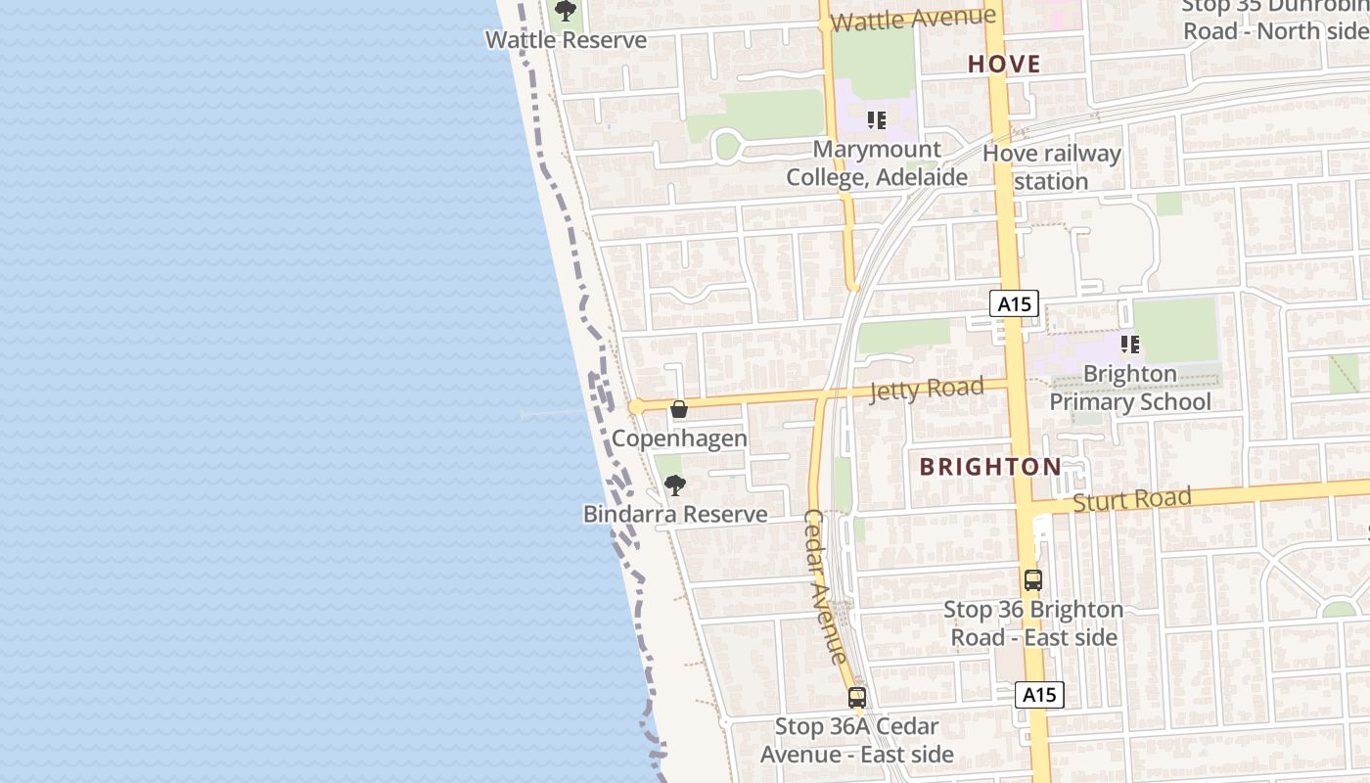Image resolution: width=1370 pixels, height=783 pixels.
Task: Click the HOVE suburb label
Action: tap(1004, 65)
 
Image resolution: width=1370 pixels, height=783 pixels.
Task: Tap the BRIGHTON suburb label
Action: tap(990, 467)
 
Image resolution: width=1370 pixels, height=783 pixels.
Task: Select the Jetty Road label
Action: tap(927, 390)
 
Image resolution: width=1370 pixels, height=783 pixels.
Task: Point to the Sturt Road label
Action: tap(1132, 500)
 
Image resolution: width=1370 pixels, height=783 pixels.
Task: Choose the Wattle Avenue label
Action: tap(913, 19)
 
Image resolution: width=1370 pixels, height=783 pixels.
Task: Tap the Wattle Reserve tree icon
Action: tap(565, 11)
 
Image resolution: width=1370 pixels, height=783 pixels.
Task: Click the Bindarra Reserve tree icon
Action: tap(674, 484)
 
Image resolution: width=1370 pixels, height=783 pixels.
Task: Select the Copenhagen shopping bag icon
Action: tap(679, 409)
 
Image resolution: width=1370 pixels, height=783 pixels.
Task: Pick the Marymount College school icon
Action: tap(877, 120)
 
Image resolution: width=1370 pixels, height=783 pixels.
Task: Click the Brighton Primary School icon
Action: tap(1130, 345)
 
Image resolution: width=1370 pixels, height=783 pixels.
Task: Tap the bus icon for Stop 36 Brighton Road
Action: tap(1033, 579)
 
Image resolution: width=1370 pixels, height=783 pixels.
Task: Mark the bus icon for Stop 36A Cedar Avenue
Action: tap(857, 698)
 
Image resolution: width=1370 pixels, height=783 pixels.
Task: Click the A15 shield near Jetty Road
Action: tap(1014, 303)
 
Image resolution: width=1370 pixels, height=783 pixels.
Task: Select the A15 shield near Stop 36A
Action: tap(1038, 695)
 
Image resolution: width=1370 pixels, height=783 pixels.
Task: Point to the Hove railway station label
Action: tap(1051, 167)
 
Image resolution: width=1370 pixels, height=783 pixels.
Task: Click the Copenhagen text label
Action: tap(679, 438)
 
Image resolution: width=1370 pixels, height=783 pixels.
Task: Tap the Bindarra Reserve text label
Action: tap(675, 514)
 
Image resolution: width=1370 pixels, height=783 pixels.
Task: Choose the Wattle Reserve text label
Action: tap(566, 40)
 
